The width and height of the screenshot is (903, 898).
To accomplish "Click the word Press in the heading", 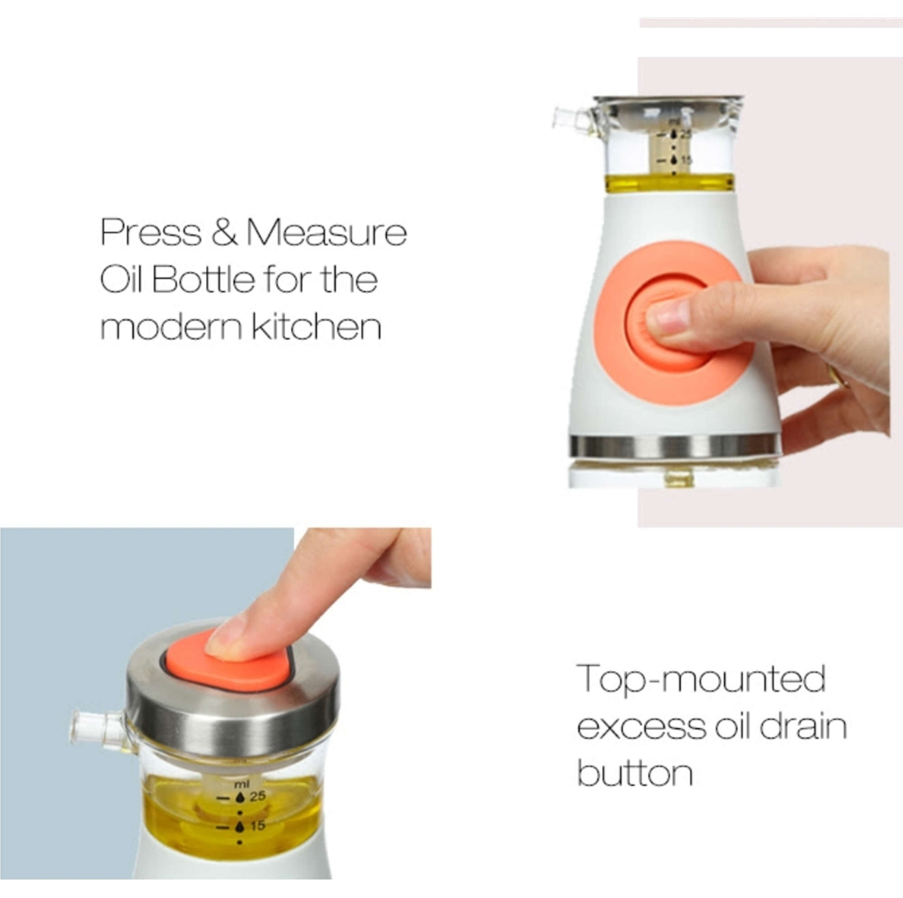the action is click(x=151, y=232).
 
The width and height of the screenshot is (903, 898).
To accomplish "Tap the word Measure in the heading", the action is click(x=327, y=232).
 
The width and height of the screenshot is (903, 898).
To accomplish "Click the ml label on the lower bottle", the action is click(x=241, y=783).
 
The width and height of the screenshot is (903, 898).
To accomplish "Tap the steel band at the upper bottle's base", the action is click(x=674, y=446).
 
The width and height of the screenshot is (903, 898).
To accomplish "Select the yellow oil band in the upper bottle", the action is click(x=670, y=183).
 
